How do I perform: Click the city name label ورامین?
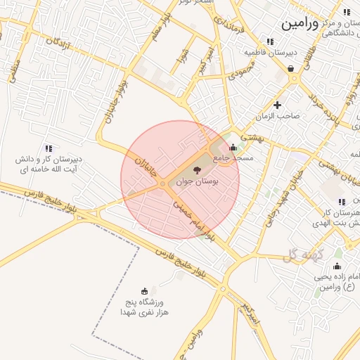[x=304, y=23]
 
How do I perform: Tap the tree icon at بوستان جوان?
[x=196, y=170]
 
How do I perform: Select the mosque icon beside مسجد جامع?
[x=233, y=147]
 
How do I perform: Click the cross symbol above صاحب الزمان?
[x=278, y=105]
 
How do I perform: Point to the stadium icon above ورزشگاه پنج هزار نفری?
[x=145, y=291]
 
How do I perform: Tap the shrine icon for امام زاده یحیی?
[x=337, y=266]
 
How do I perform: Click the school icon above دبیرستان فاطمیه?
[x=271, y=41]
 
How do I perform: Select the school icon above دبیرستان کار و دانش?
[x=49, y=148]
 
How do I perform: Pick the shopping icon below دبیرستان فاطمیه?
[x=290, y=68]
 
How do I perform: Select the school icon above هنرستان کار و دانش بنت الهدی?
[x=341, y=202]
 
